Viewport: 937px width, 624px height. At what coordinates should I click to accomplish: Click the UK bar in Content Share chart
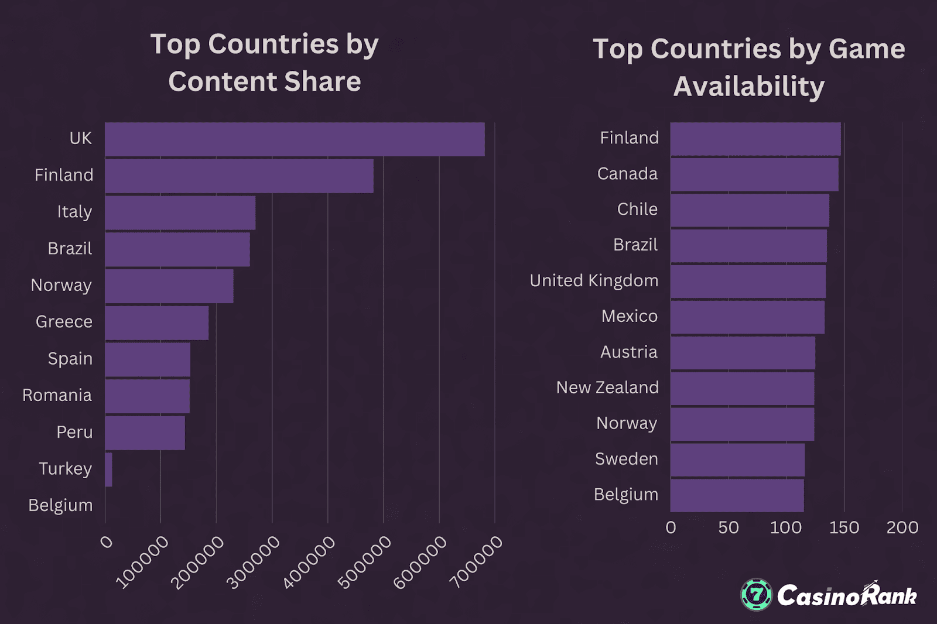295,139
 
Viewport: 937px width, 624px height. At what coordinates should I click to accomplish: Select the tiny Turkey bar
109,469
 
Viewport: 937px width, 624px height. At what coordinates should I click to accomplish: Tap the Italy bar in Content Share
180,212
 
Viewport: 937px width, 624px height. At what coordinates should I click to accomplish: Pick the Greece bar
156,323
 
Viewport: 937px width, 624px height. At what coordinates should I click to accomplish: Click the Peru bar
145,433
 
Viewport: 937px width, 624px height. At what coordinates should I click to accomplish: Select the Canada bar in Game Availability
754,174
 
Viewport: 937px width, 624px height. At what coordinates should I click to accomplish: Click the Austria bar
743,352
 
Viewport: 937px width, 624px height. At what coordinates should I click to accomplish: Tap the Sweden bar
737,460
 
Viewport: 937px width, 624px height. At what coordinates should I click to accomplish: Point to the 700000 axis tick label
476,563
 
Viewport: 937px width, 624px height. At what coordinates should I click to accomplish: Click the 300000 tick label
254,563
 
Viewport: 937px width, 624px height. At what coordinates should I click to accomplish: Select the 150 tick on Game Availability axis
844,527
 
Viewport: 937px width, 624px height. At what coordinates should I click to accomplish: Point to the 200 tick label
902,527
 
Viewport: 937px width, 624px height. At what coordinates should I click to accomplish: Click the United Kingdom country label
594,281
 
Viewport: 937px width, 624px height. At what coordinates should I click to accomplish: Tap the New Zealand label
607,388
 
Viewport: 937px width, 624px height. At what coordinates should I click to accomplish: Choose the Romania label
57,396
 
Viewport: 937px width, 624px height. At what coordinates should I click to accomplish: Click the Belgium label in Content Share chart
60,506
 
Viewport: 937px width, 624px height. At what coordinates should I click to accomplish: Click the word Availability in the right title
748,87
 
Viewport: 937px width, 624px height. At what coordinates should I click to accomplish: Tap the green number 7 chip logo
757,595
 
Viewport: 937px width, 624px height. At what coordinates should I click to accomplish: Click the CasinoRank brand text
847,596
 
